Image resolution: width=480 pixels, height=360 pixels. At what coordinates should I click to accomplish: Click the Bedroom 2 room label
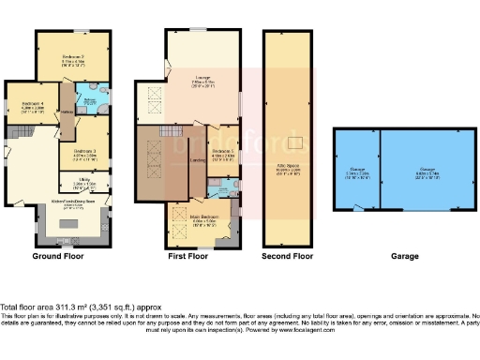pyautogui.click(x=74, y=55)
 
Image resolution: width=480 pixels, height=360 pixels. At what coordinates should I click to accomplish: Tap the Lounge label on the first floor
pyautogui.click(x=202, y=77)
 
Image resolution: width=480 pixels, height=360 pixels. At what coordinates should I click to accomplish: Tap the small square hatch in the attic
pyautogui.click(x=296, y=143)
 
